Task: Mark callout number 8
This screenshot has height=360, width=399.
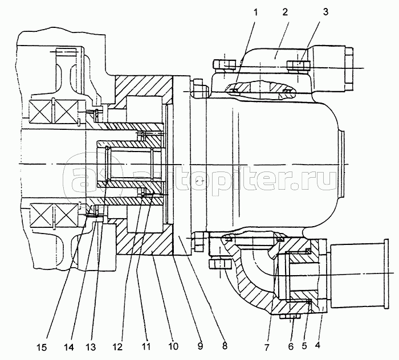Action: (x=224, y=346)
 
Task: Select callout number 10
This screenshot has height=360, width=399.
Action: (x=173, y=346)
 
